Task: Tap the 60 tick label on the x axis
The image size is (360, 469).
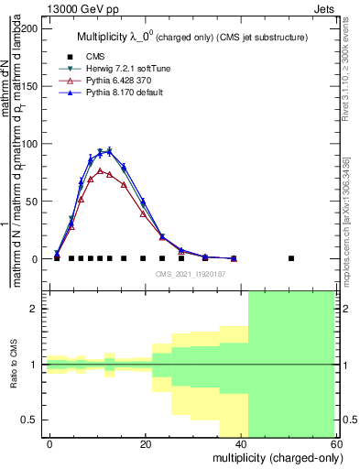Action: [336, 443]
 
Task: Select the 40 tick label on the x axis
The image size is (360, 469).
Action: [241, 443]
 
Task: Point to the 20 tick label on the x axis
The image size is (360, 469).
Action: [146, 443]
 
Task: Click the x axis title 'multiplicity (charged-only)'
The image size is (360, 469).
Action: [273, 456]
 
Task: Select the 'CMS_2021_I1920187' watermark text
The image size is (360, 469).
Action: [191, 273]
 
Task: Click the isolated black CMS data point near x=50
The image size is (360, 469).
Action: [291, 258]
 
